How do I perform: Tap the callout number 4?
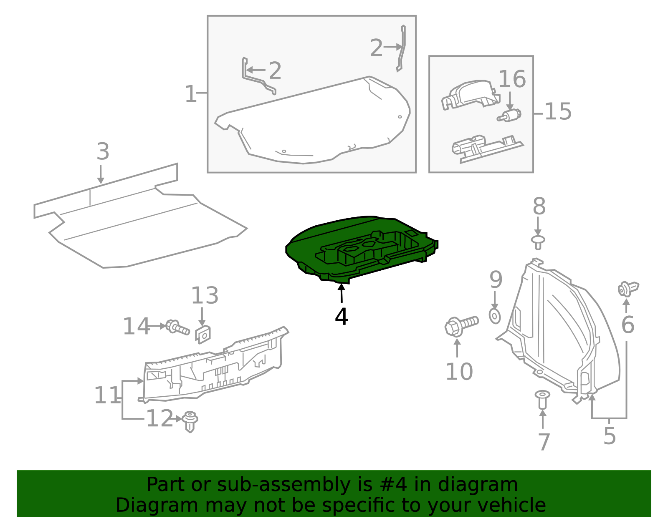pos(342,317)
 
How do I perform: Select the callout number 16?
pos(512,79)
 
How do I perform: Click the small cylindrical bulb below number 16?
pos(510,116)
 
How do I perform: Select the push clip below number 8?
pos(538,242)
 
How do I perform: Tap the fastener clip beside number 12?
pos(190,421)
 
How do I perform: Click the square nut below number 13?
pos(203,334)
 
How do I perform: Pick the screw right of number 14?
pos(177,327)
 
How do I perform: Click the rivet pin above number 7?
pos(542,398)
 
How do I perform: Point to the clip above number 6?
pos(628,288)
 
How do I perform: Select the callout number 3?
pos(103,152)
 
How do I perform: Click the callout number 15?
pos(558,112)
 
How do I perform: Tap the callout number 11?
pos(107,395)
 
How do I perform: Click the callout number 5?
pos(610,436)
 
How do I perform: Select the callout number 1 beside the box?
pos(190,94)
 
